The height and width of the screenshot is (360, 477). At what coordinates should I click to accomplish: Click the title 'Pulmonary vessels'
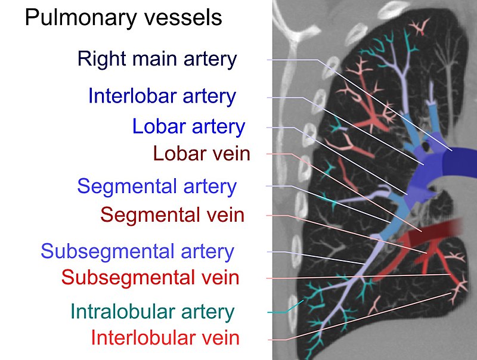(123, 18)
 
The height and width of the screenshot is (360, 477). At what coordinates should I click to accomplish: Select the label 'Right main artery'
(157, 59)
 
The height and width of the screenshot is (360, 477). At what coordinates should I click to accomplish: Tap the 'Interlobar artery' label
(162, 96)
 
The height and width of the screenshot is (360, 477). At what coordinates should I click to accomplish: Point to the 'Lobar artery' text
(188, 126)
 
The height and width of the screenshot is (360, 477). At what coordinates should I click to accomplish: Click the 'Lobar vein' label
(202, 154)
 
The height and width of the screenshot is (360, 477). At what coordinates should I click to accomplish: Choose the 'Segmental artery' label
(157, 186)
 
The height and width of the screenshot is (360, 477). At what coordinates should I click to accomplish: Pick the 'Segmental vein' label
(172, 214)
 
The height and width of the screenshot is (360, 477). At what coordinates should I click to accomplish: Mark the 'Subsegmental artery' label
(137, 251)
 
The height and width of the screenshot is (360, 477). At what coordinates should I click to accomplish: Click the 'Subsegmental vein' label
(150, 277)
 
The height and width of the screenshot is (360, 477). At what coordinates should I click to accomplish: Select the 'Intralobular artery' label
(153, 311)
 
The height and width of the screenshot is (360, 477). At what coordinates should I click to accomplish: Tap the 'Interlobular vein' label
(165, 338)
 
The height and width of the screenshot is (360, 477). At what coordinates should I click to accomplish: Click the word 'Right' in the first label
(98, 59)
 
